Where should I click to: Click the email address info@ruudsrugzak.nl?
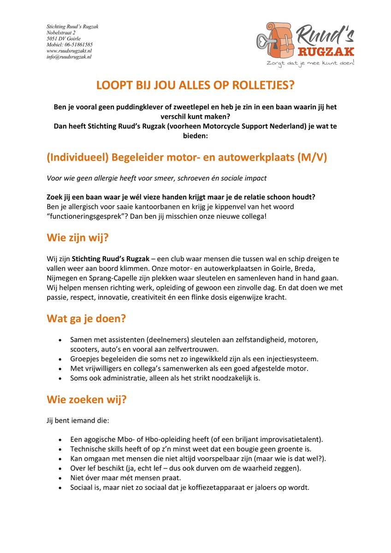69,57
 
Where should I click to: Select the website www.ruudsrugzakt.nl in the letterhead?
69,51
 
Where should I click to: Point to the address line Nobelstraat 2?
61,33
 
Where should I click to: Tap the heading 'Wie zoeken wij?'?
86,400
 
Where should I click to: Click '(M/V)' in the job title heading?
312,158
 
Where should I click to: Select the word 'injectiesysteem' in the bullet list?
279,359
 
